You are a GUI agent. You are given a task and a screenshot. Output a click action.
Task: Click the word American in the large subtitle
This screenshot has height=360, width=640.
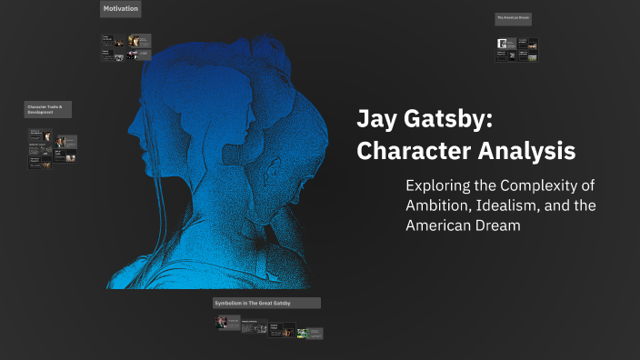coord(436,225)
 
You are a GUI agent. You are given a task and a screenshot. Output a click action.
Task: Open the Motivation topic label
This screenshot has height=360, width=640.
coord(120,10)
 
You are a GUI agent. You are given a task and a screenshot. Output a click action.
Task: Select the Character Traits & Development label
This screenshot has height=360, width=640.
coord(47,109)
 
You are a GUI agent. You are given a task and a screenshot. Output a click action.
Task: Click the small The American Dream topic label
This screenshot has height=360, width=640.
coord(513,18)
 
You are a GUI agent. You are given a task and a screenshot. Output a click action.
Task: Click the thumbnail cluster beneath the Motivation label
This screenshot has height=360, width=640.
coord(126,47)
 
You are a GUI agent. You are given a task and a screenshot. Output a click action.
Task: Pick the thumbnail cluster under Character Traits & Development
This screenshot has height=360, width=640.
coord(52,148)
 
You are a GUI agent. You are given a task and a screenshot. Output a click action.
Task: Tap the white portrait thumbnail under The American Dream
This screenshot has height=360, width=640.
coord(502,44)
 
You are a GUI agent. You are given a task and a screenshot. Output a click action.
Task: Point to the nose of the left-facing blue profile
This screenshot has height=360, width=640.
coord(130,118)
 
